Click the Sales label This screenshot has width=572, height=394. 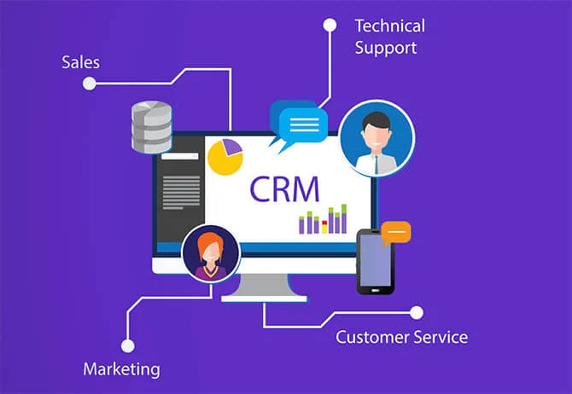point(80,62)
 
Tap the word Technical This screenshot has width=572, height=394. point(390,26)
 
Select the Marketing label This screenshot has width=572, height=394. point(121,369)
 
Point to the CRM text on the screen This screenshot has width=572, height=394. point(284,189)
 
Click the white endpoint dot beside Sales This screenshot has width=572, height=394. point(90,84)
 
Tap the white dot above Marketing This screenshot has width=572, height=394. point(128,346)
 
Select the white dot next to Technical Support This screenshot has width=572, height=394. point(330,25)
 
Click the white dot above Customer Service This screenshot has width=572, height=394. point(417,313)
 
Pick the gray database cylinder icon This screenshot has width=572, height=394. point(151,127)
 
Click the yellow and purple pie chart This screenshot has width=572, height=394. point(225,157)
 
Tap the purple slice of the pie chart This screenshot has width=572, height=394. point(232,147)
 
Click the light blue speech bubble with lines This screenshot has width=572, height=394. point(303,125)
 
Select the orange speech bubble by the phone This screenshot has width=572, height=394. point(396,233)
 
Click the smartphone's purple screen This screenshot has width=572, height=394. point(375,260)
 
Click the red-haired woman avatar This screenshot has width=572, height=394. point(211,253)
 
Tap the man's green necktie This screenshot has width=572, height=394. point(376,163)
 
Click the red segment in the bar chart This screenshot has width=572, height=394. point(324,223)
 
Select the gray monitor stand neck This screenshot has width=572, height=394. point(264,285)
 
